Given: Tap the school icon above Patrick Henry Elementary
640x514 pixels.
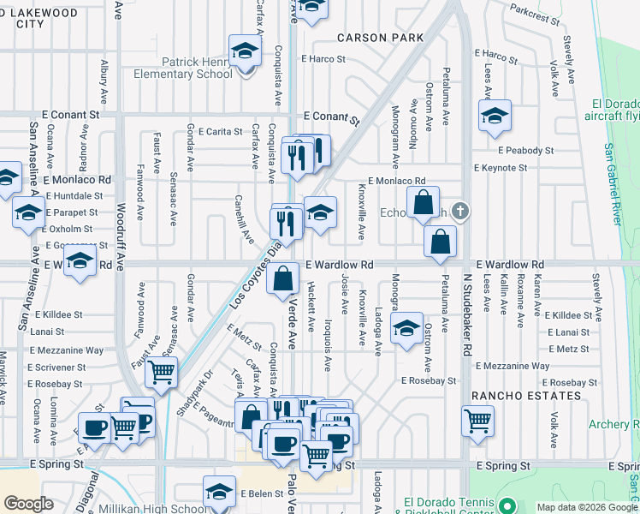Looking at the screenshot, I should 245,51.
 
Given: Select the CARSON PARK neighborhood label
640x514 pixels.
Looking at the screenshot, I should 380,38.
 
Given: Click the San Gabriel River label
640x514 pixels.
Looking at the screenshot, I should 613,185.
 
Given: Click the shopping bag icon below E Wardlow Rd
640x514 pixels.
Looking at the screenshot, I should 282,279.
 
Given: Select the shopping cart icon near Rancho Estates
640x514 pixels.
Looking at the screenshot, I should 477,421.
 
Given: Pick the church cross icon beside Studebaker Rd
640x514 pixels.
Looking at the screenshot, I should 461,211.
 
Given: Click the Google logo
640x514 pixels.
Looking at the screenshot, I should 28,504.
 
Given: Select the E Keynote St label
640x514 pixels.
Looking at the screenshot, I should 500,168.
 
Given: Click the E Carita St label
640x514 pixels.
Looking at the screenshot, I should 221,132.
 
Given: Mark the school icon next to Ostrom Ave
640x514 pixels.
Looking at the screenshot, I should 406,328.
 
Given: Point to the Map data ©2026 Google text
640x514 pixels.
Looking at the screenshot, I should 587,507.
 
